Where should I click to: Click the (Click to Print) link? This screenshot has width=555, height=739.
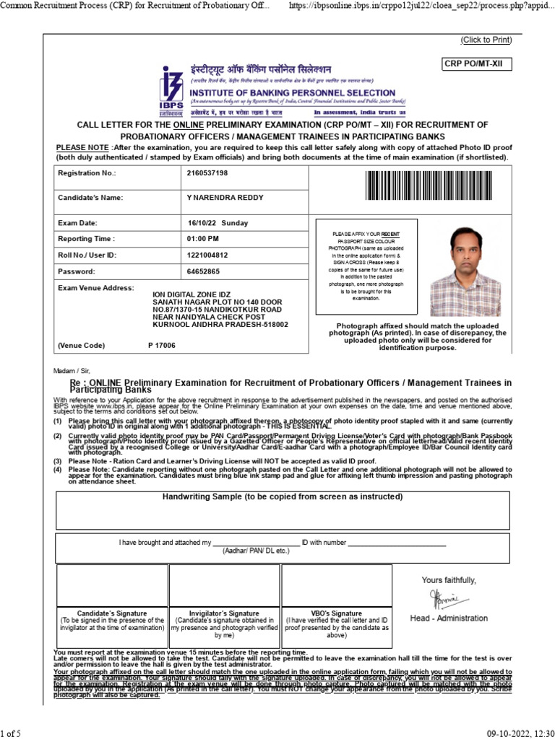point(486,40)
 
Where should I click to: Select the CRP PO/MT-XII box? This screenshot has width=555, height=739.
point(477,65)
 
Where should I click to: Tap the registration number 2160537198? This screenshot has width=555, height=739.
point(207,174)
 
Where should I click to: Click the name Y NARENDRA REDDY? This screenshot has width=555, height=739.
point(225,198)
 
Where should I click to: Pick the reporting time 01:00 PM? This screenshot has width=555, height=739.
point(202,239)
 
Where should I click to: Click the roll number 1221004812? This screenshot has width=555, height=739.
point(207,255)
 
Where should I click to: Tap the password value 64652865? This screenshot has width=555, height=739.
point(202,272)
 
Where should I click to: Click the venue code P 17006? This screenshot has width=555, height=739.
point(161,346)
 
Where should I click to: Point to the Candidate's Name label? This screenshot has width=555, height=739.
point(90,198)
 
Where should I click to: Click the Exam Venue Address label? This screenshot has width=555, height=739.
point(95,288)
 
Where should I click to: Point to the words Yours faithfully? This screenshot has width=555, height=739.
point(449,580)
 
